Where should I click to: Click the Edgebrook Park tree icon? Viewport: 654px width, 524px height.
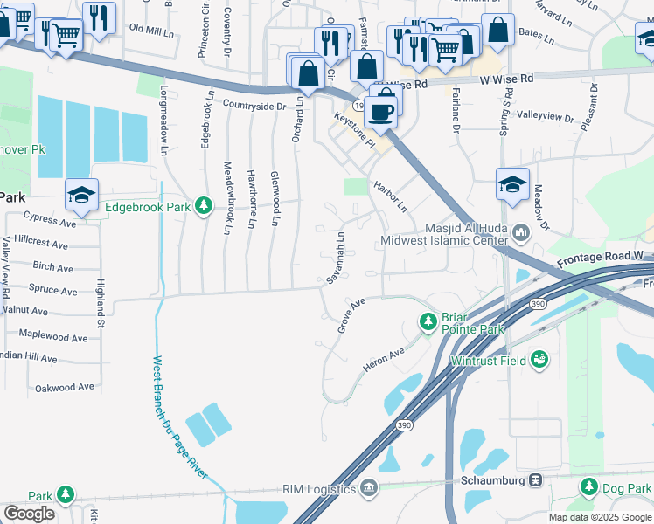click(204, 206)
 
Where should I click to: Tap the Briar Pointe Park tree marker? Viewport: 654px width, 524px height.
click(428, 323)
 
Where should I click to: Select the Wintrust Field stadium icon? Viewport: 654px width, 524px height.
click(541, 358)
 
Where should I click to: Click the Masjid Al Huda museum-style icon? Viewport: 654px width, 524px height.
click(522, 232)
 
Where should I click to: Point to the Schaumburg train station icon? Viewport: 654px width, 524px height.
click(533, 480)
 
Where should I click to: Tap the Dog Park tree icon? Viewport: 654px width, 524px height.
click(589, 486)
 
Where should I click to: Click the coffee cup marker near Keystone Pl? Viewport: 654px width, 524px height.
click(381, 111)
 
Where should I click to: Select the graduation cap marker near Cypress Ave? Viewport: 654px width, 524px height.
click(81, 195)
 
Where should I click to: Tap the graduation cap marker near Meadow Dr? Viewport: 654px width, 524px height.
click(512, 184)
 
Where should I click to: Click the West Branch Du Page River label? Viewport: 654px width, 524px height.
click(181, 416)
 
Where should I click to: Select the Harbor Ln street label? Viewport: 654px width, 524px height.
click(390, 197)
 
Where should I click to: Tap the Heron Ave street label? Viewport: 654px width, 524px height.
click(385, 359)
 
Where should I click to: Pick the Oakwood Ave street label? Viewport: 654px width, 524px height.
click(64, 387)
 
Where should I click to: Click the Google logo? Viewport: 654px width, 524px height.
click(29, 514)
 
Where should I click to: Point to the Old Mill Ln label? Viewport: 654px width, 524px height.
click(151, 30)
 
